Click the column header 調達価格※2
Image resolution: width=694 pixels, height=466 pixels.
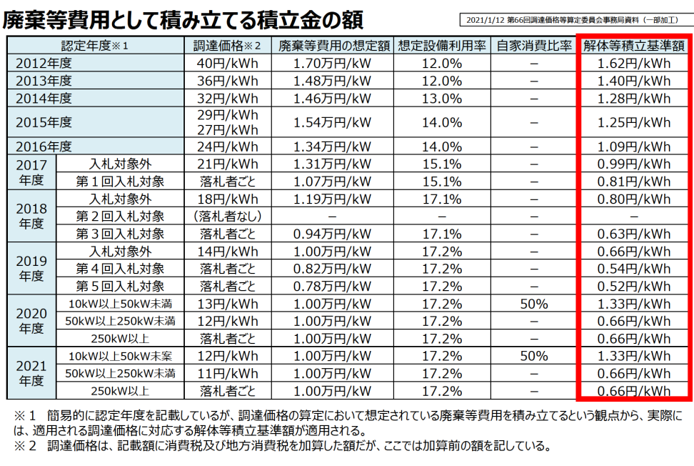tap(228, 46)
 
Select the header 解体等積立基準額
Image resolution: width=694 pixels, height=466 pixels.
tap(634, 46)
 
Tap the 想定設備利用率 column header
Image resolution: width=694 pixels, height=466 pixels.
tap(441, 46)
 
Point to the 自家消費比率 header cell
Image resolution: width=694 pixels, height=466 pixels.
tap(534, 46)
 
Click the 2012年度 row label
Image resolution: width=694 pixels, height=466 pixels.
tap(44, 63)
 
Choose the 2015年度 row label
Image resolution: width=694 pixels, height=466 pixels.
tap(44, 122)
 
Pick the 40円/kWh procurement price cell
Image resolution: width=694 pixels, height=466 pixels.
tap(228, 63)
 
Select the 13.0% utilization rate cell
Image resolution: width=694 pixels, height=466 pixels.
tap(441, 98)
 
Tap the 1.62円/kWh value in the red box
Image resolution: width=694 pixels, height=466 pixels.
tap(634, 63)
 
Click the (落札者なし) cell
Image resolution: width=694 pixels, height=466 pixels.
tap(228, 216)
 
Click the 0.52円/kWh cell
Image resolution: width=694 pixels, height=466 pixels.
tap(634, 286)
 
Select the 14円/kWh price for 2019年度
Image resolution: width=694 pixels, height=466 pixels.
tap(228, 252)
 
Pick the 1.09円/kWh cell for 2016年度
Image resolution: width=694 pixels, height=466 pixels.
tap(634, 147)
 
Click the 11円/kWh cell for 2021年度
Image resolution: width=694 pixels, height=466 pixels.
tap(228, 373)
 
